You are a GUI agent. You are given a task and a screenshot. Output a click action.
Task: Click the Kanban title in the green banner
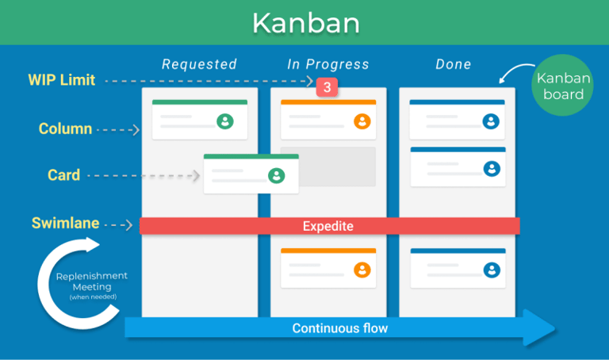(305, 22)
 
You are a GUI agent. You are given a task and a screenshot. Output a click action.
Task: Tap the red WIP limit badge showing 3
(327, 87)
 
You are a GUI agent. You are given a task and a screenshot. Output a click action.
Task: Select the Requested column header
(199, 64)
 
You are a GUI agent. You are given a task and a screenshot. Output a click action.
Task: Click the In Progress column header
(327, 64)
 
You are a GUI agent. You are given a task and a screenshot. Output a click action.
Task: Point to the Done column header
(453, 64)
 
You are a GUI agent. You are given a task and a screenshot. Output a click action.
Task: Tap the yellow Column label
(65, 128)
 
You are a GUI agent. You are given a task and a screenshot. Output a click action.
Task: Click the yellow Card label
(63, 175)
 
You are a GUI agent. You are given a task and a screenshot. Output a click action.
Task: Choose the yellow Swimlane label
(65, 224)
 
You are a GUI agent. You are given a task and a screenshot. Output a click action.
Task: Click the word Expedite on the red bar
(327, 226)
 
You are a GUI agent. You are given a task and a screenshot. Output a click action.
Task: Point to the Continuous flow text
(340, 328)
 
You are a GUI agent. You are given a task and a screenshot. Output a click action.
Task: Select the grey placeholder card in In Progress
(328, 167)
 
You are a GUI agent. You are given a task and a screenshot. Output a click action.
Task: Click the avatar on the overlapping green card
(276, 175)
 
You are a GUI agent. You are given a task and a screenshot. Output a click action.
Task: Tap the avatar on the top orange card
(362, 121)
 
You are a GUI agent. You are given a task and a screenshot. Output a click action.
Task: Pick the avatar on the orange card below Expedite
(362, 270)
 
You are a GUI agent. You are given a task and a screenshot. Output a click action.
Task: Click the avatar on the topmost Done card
(492, 121)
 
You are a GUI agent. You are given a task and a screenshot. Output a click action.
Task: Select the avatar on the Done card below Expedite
(492, 270)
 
